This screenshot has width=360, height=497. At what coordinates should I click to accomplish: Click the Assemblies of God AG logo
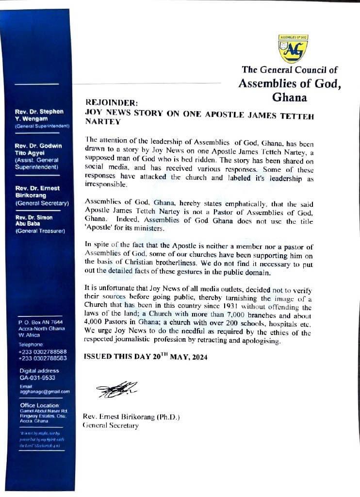(x=293, y=49)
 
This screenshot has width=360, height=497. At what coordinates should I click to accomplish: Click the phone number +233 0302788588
(x=43, y=351)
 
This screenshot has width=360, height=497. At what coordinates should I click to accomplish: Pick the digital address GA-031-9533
(x=37, y=377)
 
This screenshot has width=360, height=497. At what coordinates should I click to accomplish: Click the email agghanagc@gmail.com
(x=44, y=391)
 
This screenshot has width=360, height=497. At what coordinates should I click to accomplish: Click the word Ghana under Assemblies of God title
(x=289, y=97)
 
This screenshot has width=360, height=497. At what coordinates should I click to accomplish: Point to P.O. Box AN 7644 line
(x=41, y=322)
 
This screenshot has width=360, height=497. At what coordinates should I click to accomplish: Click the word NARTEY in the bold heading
(x=102, y=121)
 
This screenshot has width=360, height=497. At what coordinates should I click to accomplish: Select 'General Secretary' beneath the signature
(x=111, y=425)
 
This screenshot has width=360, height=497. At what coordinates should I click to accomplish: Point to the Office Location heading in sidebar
(x=40, y=405)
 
